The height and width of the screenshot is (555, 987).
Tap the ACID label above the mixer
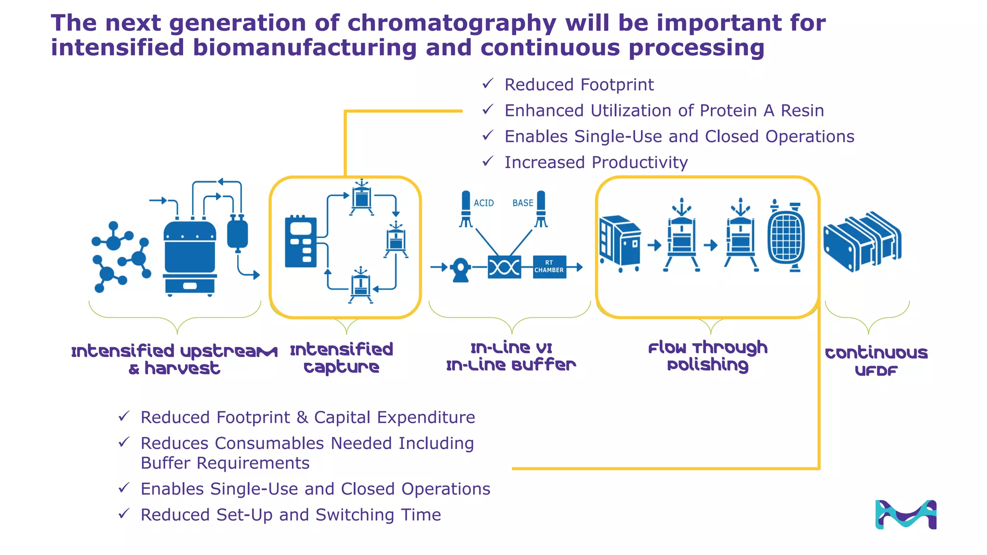pos(483,203)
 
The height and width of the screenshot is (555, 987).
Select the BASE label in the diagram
pos(522,203)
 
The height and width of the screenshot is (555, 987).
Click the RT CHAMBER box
pos(549,267)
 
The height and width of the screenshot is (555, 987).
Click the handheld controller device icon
pos(301,242)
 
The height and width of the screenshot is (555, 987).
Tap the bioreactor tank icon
pos(189,255)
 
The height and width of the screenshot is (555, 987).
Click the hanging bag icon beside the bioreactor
pos(237,233)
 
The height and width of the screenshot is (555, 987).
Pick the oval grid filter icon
pos(786,237)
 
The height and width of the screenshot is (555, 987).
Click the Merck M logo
pos(906,515)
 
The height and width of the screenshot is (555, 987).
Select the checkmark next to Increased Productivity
pos(488,161)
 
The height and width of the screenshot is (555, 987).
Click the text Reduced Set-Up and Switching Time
pos(291,515)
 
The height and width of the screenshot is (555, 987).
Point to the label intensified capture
pos(342,358)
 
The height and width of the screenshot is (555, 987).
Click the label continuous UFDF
pos(876,361)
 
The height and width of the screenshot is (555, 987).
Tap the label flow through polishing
pos(707,356)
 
